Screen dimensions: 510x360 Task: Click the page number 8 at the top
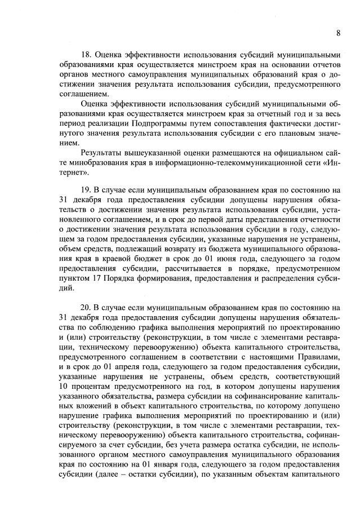pyautogui.click(x=338, y=33)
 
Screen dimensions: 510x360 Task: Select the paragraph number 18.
pyautogui.click(x=87, y=55)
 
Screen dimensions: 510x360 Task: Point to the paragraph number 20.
pyautogui.click(x=87, y=307)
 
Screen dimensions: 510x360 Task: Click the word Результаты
pyautogui.click(x=103, y=153)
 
